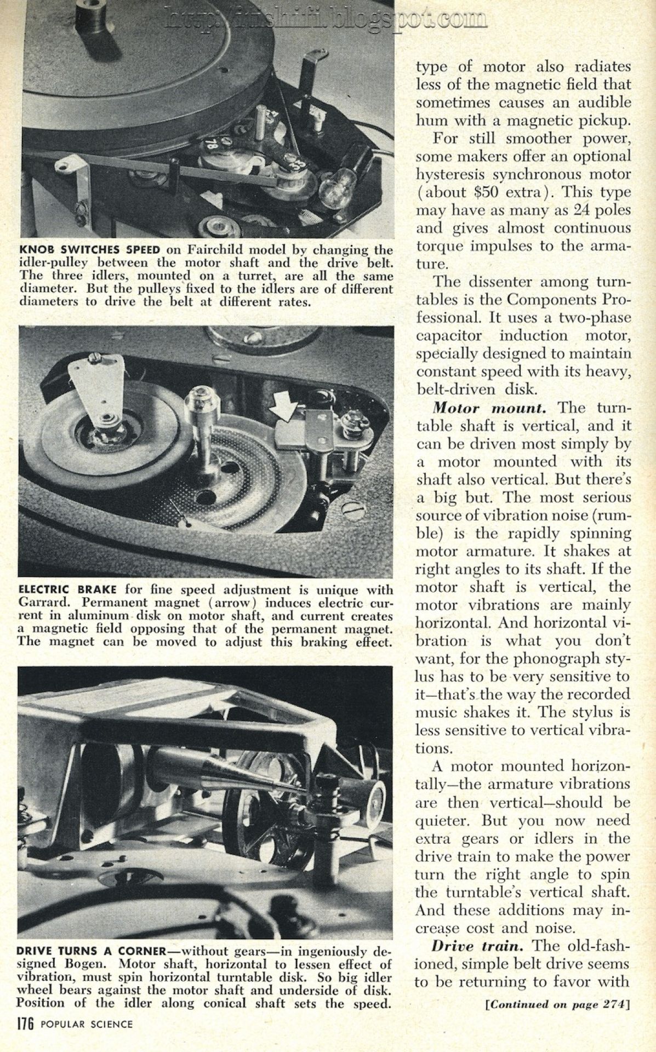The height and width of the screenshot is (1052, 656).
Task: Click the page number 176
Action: [x=26, y=1024]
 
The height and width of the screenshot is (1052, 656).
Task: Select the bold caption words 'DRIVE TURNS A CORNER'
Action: [x=92, y=950]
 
